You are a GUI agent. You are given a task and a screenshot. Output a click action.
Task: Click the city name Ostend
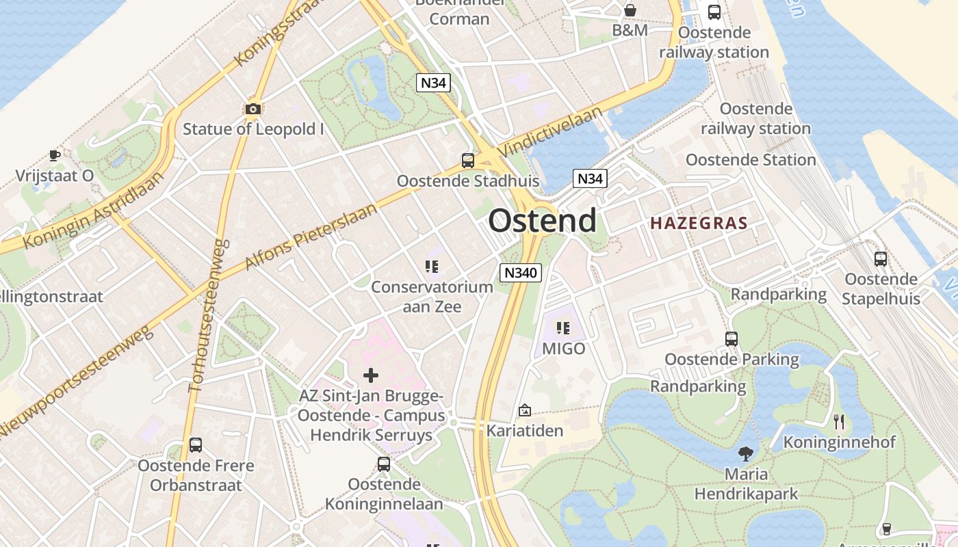[x=542, y=221]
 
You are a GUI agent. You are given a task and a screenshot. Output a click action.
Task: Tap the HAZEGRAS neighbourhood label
[x=699, y=223]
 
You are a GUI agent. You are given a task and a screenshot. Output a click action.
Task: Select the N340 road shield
[x=521, y=273]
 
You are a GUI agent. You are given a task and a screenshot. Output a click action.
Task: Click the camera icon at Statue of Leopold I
[x=253, y=109]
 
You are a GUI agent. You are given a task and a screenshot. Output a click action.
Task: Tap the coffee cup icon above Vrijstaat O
[x=55, y=156]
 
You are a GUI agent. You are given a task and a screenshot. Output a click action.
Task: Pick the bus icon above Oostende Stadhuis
[x=468, y=161]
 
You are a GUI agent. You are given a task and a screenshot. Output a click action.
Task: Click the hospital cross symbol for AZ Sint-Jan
[x=371, y=375]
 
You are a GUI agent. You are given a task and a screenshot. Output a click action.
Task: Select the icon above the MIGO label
[x=563, y=328]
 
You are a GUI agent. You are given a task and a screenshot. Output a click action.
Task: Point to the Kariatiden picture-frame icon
[x=525, y=410]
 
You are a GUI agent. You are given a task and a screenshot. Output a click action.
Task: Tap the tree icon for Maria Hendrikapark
[x=746, y=453]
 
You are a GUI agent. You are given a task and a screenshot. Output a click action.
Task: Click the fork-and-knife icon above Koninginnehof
[x=839, y=422]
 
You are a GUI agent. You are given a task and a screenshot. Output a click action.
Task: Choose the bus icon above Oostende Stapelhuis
[x=881, y=259]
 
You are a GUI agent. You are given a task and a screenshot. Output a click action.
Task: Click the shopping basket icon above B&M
[x=630, y=10]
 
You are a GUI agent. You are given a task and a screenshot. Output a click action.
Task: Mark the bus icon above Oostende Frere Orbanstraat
[x=196, y=445]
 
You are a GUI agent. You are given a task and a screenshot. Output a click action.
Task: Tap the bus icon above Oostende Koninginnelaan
[x=384, y=464]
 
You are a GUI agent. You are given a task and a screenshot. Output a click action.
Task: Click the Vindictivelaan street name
[x=551, y=131]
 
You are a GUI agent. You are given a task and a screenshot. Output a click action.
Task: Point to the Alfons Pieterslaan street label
[x=311, y=237]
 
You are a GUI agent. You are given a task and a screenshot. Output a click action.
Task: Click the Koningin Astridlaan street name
[x=94, y=211]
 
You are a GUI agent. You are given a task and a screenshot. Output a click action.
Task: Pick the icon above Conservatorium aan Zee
[x=431, y=267]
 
